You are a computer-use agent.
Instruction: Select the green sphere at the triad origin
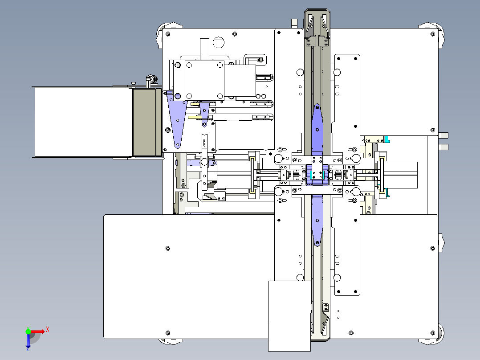[28, 331]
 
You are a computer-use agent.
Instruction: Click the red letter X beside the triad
[48, 330]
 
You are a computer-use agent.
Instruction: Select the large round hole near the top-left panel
[219, 43]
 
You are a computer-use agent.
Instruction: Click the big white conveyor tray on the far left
[83, 122]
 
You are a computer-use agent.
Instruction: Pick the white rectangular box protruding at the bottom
[289, 316]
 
